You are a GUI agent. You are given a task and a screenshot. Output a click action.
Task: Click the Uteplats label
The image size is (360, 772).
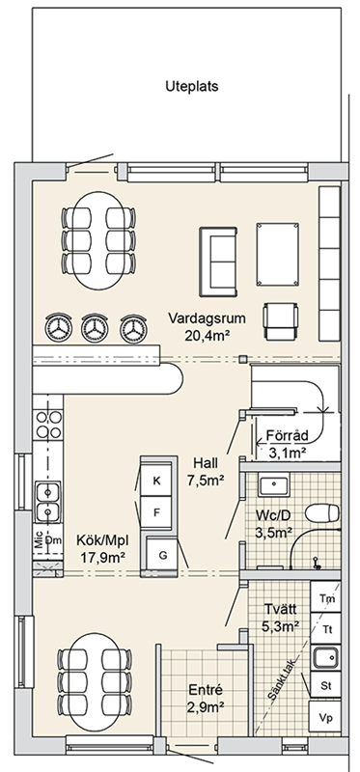[191, 87]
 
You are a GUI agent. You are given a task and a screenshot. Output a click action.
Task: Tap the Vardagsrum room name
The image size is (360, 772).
[207, 318]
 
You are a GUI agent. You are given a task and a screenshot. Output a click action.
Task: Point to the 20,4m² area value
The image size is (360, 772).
[208, 336]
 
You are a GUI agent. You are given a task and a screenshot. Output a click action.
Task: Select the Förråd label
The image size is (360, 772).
[287, 436]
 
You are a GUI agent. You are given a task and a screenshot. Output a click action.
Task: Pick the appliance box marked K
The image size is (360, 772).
[156, 481]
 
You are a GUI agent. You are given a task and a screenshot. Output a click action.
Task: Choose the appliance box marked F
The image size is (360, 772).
[156, 512]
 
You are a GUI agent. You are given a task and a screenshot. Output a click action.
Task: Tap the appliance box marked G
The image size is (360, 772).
[162, 555]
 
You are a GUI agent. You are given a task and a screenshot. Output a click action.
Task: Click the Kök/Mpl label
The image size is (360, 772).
[102, 540]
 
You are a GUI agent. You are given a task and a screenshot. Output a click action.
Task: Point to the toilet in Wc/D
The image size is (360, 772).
[322, 513]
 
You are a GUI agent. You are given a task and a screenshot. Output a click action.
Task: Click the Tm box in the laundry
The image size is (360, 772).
[325, 598]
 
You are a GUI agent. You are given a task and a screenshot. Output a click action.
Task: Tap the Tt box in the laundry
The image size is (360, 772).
[325, 629]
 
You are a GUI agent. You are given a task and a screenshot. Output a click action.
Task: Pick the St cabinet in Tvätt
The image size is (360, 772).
[325, 685]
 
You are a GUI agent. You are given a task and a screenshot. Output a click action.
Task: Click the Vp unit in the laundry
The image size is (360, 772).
[325, 718]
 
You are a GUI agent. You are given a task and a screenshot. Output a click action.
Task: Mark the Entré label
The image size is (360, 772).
[206, 690]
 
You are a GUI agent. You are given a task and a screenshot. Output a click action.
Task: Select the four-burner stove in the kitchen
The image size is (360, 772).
[47, 425]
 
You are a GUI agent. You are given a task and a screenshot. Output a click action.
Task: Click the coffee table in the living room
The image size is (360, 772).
[278, 254]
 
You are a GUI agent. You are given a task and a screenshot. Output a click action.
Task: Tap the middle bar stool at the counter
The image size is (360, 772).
[95, 328]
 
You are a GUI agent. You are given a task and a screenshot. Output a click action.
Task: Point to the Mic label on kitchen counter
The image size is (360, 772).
[39, 540]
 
